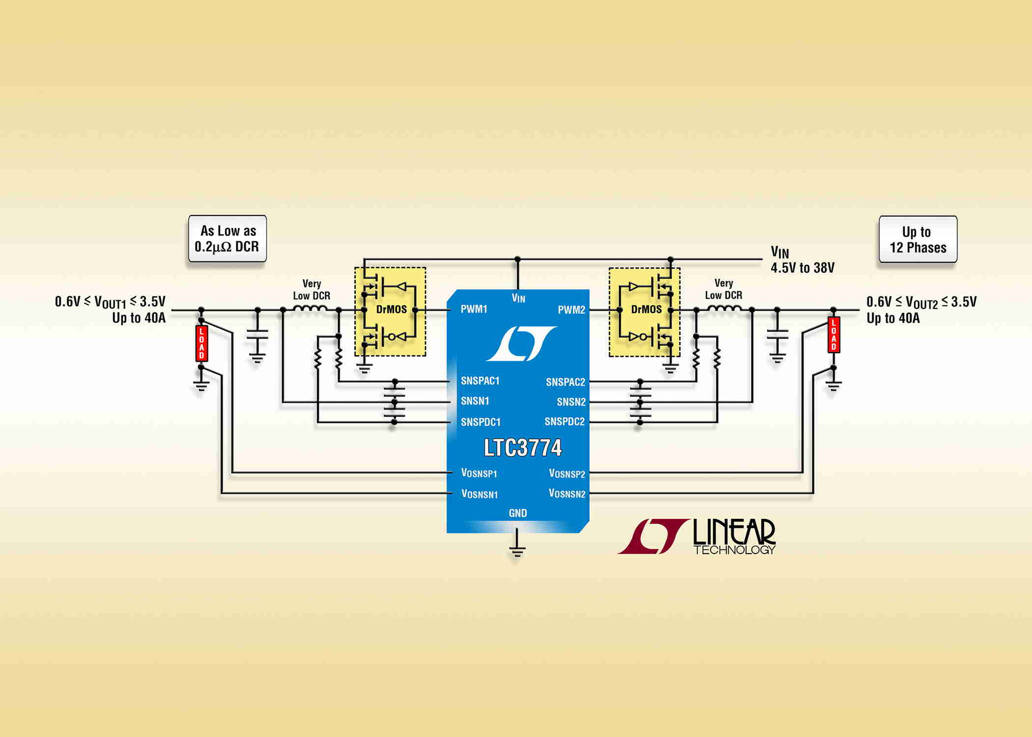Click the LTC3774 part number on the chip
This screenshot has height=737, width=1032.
(522, 448)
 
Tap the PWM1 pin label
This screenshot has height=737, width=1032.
(474, 309)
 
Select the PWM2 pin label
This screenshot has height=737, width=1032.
(571, 310)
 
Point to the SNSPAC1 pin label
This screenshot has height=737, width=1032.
(480, 381)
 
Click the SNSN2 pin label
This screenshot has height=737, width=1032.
(571, 402)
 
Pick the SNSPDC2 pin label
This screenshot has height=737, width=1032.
(564, 422)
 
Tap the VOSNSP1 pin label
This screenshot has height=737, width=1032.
(479, 473)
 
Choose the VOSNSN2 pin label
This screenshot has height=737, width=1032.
(567, 493)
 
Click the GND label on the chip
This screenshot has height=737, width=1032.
(518, 513)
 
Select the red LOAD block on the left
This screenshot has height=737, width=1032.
(202, 344)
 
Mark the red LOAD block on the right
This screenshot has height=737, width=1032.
(834, 335)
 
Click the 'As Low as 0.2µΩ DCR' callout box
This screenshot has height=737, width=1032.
(227, 239)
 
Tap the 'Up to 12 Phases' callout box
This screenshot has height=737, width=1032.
(918, 240)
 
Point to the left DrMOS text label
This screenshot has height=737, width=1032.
(391, 310)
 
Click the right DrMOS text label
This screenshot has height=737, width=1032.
(646, 310)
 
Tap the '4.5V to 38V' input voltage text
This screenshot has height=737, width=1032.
(802, 268)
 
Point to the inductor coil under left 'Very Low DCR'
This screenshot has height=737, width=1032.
(310, 309)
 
